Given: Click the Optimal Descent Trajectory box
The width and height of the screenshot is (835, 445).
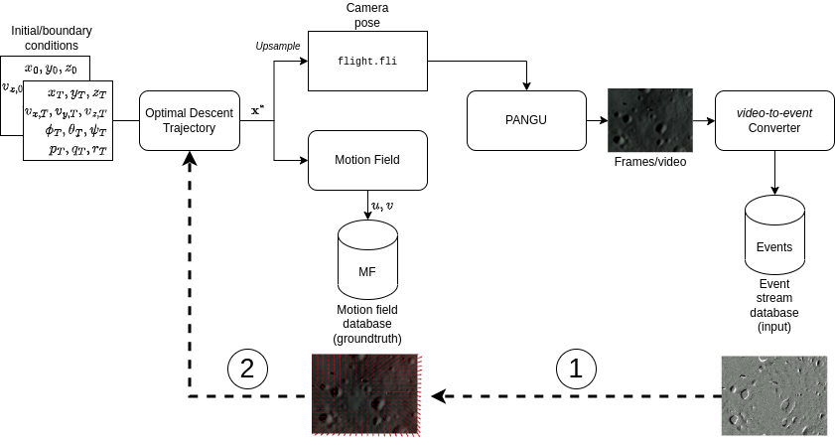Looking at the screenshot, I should click(x=189, y=120).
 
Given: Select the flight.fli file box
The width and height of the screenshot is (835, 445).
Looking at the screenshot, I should click(x=367, y=61).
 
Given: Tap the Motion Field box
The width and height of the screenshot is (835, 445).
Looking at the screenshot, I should click(x=367, y=160).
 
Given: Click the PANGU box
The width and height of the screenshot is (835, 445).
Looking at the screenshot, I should click(x=526, y=120).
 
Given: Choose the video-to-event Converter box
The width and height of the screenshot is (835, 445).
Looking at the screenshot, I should click(x=774, y=120).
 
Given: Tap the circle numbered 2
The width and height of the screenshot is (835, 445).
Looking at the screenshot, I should click(x=247, y=369).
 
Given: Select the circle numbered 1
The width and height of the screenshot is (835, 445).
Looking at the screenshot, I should click(x=576, y=369).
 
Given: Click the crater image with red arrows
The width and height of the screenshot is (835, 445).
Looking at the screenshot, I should click(x=367, y=394).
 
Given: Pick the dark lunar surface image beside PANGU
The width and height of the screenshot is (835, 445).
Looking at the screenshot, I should click(x=650, y=120).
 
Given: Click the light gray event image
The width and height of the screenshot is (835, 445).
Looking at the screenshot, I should click(x=774, y=395).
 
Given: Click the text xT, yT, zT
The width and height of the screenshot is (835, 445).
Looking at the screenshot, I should click(x=76, y=92).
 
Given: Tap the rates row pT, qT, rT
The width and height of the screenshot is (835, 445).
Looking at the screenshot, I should click(x=77, y=149).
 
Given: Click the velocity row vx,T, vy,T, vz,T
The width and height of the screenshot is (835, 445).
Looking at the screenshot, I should click(x=67, y=111).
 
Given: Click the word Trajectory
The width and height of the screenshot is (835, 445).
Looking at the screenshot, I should click(x=189, y=128).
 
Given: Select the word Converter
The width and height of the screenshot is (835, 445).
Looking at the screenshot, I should click(x=774, y=128).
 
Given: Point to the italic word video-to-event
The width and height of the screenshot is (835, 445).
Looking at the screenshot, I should click(x=774, y=113).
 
